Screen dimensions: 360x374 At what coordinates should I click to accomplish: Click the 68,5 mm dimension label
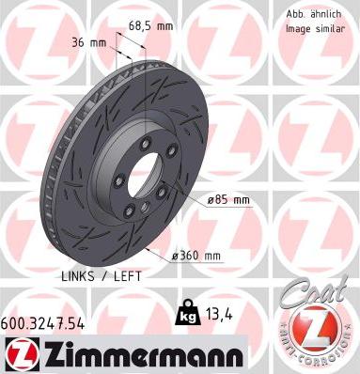click(150, 26)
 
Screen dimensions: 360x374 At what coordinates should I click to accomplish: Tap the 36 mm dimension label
click(88, 42)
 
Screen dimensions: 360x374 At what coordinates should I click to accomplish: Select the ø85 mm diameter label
click(229, 199)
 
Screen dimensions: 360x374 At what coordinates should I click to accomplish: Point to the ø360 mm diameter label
click(196, 257)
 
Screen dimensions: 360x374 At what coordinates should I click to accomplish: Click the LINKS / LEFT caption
click(102, 276)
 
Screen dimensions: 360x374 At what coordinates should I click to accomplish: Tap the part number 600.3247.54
click(42, 324)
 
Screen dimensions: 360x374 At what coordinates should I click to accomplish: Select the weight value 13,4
click(219, 315)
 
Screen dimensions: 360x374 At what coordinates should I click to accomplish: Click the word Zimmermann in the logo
click(143, 356)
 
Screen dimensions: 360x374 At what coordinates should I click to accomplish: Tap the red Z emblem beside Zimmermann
click(22, 355)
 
